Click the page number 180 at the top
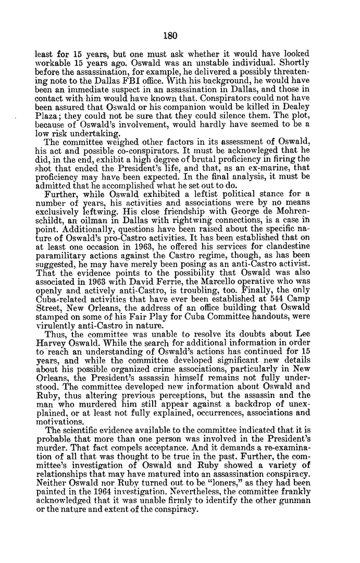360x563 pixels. click(170, 36)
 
